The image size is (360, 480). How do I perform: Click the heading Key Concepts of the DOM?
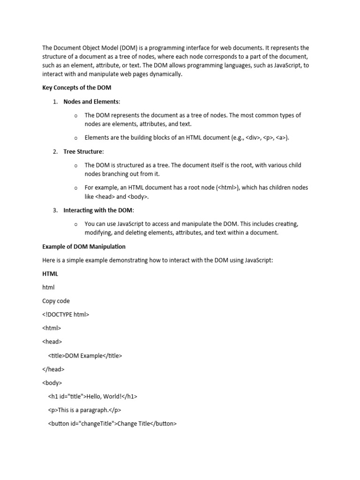(76, 88)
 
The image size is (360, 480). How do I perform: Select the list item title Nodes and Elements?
(91, 102)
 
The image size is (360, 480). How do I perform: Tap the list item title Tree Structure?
(83, 151)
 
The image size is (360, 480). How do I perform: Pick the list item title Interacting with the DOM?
(98, 210)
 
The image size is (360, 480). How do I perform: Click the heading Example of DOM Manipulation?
(84, 247)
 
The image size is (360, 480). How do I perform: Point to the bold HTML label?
(50, 273)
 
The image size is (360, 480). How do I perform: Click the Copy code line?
(56, 301)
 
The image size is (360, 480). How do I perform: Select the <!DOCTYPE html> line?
(66, 315)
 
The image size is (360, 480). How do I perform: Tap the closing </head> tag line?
(53, 369)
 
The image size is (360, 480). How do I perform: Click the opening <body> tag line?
(52, 383)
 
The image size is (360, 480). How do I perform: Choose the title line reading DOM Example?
(85, 356)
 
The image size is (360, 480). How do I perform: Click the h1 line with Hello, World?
(92, 397)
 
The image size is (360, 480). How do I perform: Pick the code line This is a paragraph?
(84, 410)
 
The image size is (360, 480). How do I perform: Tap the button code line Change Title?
(112, 424)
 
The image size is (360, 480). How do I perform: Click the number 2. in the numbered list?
(55, 151)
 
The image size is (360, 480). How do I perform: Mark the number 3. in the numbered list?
(55, 210)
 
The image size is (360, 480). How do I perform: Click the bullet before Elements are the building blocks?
(76, 138)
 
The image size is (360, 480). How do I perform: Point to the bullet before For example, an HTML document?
(76, 188)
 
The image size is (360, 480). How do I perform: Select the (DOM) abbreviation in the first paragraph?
(128, 48)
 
